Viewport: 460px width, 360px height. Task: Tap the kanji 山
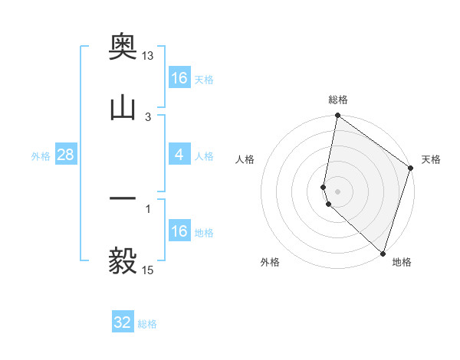pyautogui.click(x=123, y=108)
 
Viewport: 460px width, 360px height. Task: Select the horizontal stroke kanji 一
pyautogui.click(x=123, y=198)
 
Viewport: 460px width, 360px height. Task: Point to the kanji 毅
pyautogui.click(x=123, y=261)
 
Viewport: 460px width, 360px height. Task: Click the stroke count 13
pyautogui.click(x=148, y=56)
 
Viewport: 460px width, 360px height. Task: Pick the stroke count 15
pyautogui.click(x=148, y=270)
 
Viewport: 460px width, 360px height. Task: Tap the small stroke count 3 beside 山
pyautogui.click(x=148, y=116)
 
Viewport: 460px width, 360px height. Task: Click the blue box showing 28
pyautogui.click(x=66, y=155)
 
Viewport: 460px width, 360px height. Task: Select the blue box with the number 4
pyautogui.click(x=179, y=155)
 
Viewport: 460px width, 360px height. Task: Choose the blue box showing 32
pyautogui.click(x=123, y=322)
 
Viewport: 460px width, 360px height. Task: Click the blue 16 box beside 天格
pyautogui.click(x=179, y=78)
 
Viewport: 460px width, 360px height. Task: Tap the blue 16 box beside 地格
pyautogui.click(x=179, y=231)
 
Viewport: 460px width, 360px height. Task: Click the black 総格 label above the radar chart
pyautogui.click(x=338, y=100)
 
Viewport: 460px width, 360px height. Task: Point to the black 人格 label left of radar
pyautogui.click(x=245, y=159)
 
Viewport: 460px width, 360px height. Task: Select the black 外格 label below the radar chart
pyautogui.click(x=270, y=262)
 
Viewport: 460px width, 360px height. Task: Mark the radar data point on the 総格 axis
pyautogui.click(x=337, y=116)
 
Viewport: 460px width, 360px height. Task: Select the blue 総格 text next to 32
pyautogui.click(x=147, y=324)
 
